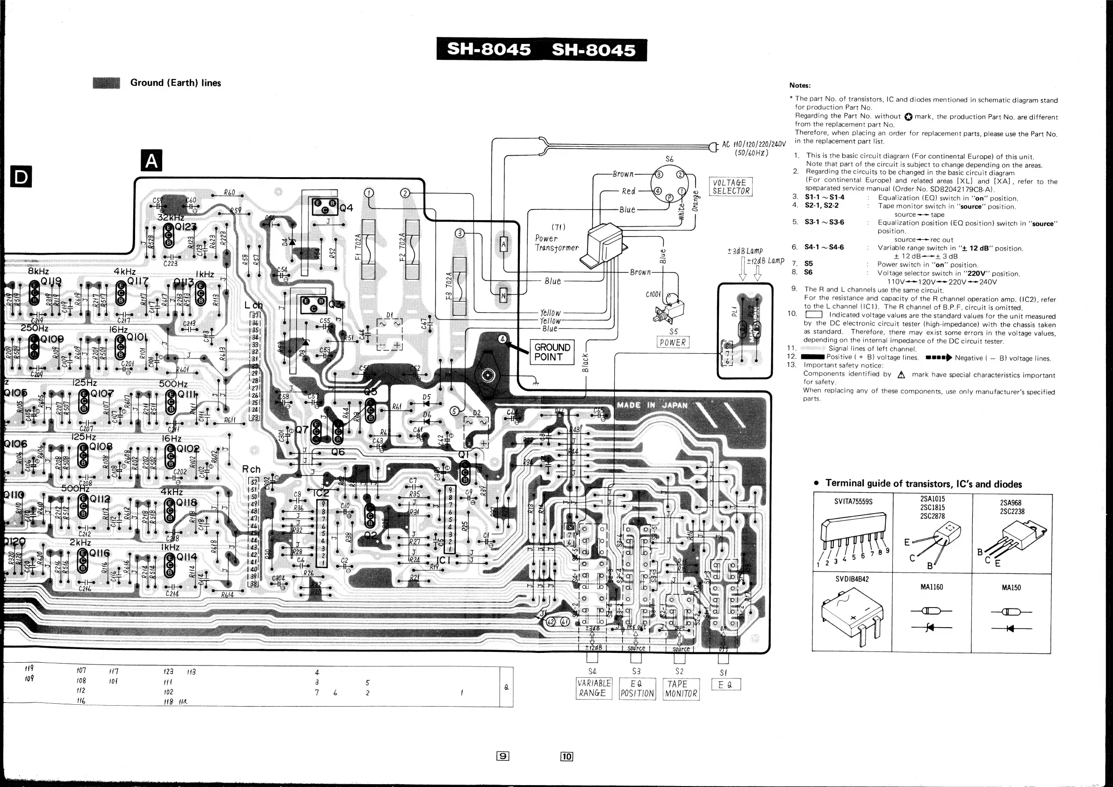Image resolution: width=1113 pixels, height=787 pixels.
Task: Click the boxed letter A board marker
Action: [151, 160]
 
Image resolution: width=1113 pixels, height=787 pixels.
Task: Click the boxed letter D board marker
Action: [21, 177]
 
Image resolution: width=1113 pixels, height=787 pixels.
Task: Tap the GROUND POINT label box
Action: [552, 352]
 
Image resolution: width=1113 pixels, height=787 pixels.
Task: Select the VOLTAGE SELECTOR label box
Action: [731, 186]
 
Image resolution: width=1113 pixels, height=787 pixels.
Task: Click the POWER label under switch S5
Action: [673, 343]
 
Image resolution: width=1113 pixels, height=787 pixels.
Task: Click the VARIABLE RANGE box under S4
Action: [593, 688]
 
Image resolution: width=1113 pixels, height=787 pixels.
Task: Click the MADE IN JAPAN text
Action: [652, 405]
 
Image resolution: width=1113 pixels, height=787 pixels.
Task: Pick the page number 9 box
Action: [503, 756]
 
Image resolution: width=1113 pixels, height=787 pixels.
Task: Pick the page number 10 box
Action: [567, 756]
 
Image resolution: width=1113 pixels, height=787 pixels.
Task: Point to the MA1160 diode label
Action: [931, 587]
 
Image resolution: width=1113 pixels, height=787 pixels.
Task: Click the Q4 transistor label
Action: [346, 208]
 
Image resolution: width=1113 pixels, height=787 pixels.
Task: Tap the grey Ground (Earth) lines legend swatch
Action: [106, 83]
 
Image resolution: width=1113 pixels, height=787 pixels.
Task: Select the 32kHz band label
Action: [170, 218]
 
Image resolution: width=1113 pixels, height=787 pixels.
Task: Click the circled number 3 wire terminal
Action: [460, 234]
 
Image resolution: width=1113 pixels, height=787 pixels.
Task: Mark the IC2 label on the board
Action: [320, 493]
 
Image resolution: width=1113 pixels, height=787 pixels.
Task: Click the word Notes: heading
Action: [799, 86]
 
